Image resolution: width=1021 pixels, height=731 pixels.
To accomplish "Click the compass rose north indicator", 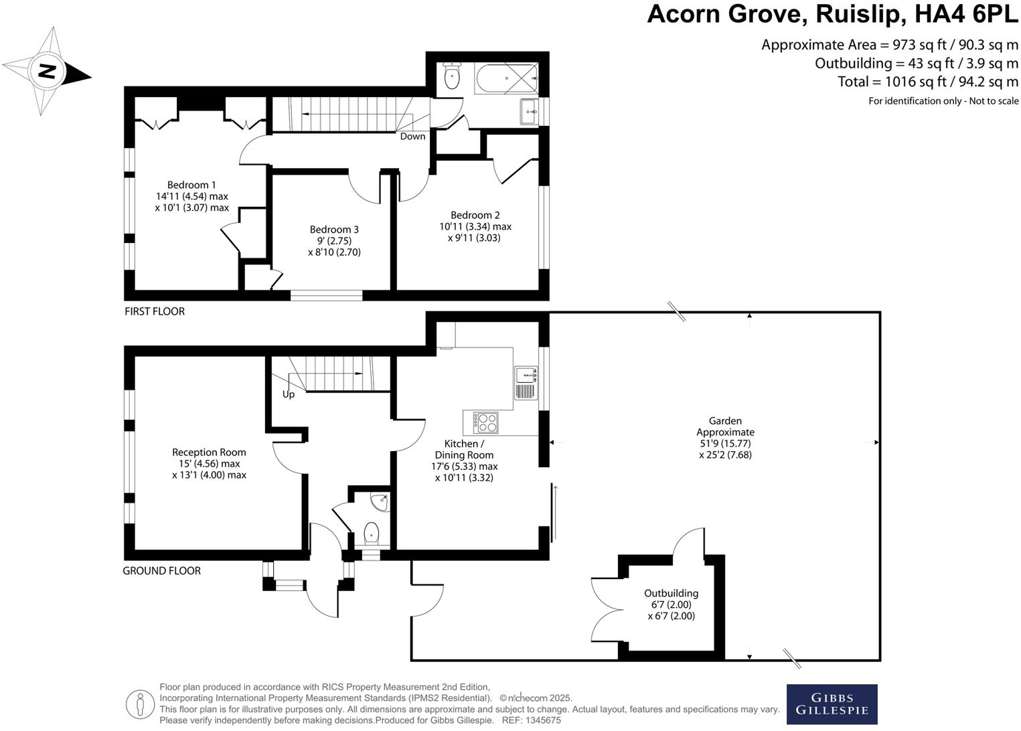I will tap(46, 71).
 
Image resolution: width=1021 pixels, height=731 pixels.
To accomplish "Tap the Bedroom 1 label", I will tap(191, 185).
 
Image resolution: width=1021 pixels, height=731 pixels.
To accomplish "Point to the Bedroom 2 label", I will tap(475, 215).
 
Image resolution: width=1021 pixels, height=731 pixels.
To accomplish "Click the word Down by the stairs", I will tap(412, 137).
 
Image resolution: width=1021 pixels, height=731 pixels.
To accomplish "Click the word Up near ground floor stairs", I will tap(289, 394).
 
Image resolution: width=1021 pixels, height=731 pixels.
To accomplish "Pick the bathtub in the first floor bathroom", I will tap(506, 78).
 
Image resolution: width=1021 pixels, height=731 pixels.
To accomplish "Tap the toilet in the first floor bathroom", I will tap(452, 77).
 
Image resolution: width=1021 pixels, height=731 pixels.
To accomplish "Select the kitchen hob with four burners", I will tap(485, 422).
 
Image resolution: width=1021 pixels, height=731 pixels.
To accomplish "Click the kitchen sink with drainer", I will tap(526, 383).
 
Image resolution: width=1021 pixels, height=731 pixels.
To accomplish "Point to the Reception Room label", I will tap(209, 453).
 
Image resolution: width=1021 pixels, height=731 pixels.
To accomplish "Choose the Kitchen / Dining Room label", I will tap(464, 449).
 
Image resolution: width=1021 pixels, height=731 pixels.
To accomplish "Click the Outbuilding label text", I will tap(671, 593).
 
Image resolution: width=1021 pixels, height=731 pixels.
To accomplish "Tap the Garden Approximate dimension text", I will tap(725, 438).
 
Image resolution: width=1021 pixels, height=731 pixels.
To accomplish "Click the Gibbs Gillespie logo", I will tap(832, 704).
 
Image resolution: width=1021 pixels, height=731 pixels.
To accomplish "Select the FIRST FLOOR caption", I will tap(155, 311).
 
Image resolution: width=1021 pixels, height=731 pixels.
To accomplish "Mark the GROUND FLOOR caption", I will tap(161, 571).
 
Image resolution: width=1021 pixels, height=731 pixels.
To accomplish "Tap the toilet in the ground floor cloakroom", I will tap(371, 534).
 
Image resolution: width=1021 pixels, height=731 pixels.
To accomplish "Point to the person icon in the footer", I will tap(140, 704).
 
